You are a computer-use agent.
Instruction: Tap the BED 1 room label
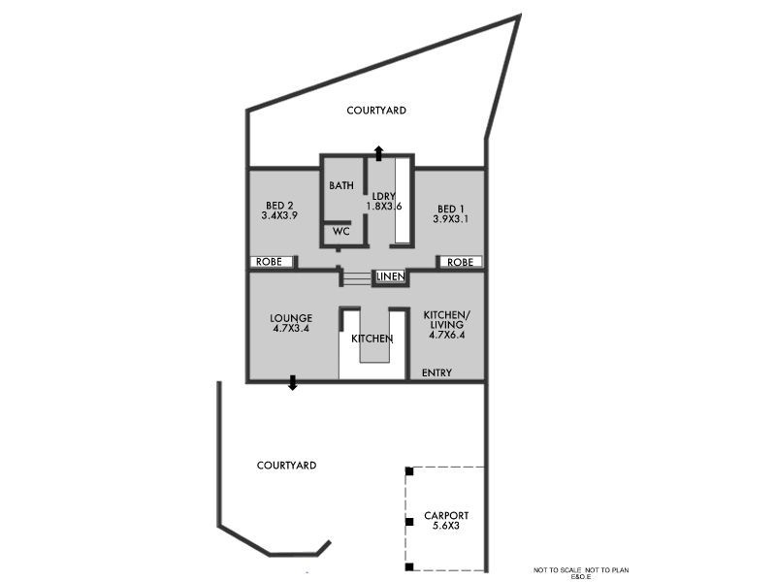(450, 209)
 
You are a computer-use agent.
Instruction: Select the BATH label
(340, 186)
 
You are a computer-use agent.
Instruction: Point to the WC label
(340, 232)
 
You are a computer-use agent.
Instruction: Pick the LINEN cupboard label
(390, 276)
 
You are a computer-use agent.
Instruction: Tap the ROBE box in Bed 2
(269, 262)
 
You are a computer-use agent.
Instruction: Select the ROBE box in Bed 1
(460, 262)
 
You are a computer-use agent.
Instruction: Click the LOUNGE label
(291, 317)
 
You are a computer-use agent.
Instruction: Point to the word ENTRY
(436, 372)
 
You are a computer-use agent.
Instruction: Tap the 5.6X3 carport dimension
(446, 527)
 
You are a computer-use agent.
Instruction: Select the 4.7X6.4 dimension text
(446, 335)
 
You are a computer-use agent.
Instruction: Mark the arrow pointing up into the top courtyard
(378, 152)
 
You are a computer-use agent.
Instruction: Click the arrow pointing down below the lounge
(293, 383)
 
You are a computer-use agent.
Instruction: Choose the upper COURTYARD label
(376, 111)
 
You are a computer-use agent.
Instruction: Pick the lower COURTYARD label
(286, 466)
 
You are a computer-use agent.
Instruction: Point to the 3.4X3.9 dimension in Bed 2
(278, 215)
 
